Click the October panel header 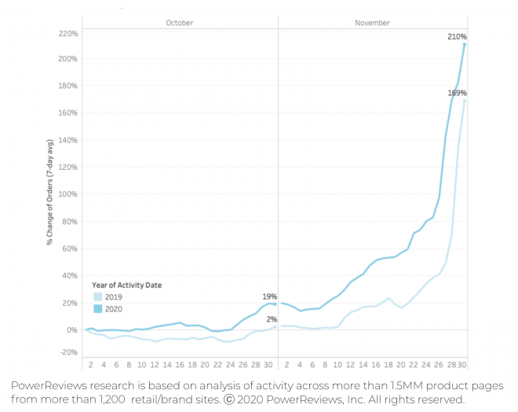click(179, 23)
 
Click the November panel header click(372, 23)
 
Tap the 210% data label click(458, 36)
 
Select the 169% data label click(458, 93)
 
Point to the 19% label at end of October click(270, 296)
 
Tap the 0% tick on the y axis click(71, 329)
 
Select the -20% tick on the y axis click(68, 351)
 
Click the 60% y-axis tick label click(70, 248)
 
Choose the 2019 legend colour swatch click(97, 297)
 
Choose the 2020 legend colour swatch click(97, 309)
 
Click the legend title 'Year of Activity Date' click(126, 284)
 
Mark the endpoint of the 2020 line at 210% click(465, 44)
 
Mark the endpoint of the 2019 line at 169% click(465, 100)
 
